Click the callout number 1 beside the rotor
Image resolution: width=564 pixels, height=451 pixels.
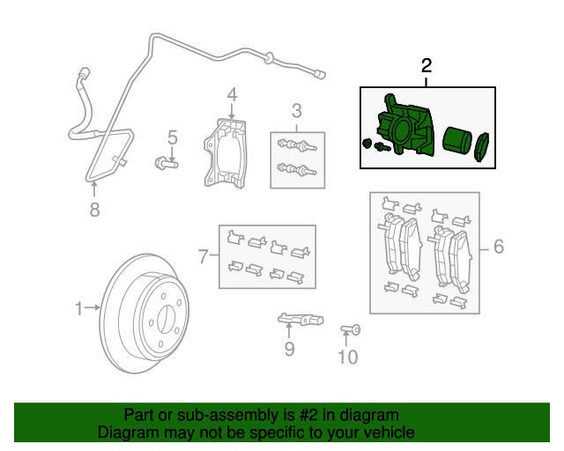click(78, 308)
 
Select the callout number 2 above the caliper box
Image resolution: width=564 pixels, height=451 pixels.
click(427, 66)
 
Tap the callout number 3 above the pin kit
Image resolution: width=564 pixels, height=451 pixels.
click(297, 111)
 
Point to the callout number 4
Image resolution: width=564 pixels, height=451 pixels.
click(232, 94)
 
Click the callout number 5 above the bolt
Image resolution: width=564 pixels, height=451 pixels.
click(173, 137)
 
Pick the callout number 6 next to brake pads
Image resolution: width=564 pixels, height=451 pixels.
click(498, 248)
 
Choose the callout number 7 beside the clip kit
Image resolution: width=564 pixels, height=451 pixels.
click(203, 257)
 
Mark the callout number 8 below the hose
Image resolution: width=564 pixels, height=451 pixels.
click(95, 209)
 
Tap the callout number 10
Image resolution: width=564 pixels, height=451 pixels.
click(348, 357)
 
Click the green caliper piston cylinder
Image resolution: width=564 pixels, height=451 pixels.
click(456, 142)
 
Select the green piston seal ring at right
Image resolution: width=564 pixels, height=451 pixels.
click(481, 147)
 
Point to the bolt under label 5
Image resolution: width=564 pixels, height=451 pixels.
click(166, 162)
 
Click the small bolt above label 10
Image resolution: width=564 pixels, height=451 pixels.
click(349, 330)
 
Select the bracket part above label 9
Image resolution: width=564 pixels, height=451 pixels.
click(301, 318)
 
